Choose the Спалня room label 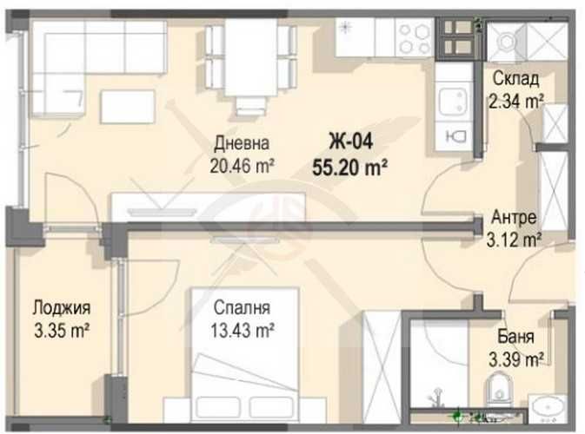(x=243, y=308)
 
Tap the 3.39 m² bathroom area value (x=517, y=358)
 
